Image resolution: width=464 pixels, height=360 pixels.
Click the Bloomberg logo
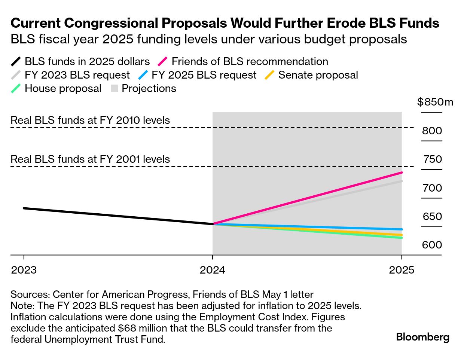pos(422,337)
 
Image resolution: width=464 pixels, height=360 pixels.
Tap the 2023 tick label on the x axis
pos(24,270)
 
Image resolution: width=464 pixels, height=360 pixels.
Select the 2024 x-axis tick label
pos(213,270)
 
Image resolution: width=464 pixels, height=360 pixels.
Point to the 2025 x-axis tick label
pos(402,270)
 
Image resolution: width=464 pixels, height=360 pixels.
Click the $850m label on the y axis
pos(435,102)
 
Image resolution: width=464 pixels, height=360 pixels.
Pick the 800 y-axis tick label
pos(432,131)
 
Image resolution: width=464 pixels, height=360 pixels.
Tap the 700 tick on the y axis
pos(432,188)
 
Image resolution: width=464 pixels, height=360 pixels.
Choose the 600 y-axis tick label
pos(432,245)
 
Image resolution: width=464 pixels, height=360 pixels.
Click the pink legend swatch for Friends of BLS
pos(164,62)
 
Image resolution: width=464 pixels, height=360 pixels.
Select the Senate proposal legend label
pos(318,75)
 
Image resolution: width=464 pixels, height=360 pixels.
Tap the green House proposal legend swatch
pos(16,89)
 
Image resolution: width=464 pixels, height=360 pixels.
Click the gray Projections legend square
pos(115,89)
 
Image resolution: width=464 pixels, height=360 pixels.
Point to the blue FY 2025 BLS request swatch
pos(143,75)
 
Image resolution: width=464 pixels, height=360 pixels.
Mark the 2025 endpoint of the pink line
pos(402,173)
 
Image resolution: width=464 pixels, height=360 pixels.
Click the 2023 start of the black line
pos(24,208)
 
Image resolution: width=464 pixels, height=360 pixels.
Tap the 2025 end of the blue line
pos(402,229)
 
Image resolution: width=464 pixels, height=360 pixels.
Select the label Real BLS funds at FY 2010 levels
pos(90,120)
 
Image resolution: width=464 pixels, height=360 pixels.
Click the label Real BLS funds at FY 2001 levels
pos(90,159)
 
